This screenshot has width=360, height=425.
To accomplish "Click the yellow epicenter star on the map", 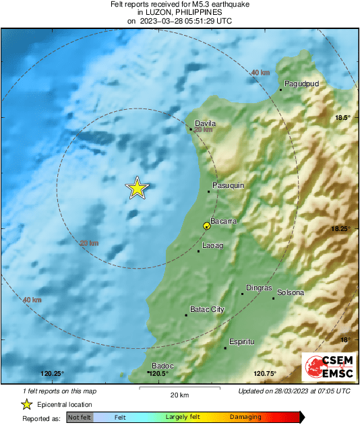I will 137,189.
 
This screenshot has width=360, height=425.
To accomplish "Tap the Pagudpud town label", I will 301,84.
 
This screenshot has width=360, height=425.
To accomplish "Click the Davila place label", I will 205,123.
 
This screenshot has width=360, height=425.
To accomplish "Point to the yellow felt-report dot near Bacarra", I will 207,226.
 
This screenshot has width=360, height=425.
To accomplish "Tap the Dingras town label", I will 259,288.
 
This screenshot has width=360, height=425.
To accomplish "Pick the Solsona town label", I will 291,293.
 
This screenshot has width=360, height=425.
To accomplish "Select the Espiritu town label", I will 242,342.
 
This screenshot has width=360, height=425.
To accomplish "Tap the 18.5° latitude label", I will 344,118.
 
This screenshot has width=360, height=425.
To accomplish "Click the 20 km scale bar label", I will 179,394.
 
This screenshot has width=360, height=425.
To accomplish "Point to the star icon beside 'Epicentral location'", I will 26,404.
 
